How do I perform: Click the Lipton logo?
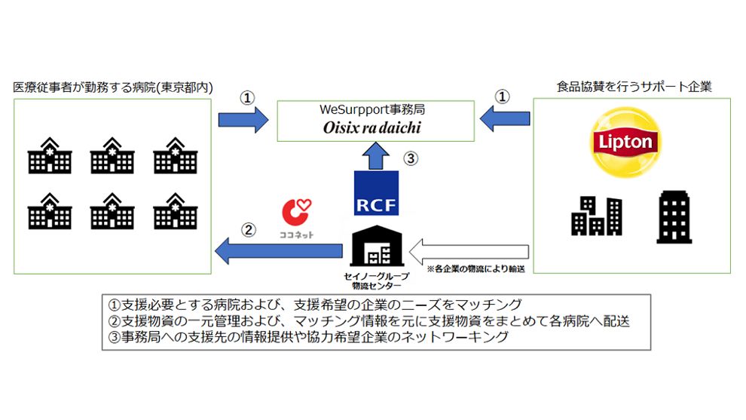click(x=624, y=142)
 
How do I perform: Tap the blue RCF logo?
click(x=376, y=192)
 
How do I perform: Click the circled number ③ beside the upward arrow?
click(x=409, y=158)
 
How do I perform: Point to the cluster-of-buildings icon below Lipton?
click(x=596, y=216)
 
